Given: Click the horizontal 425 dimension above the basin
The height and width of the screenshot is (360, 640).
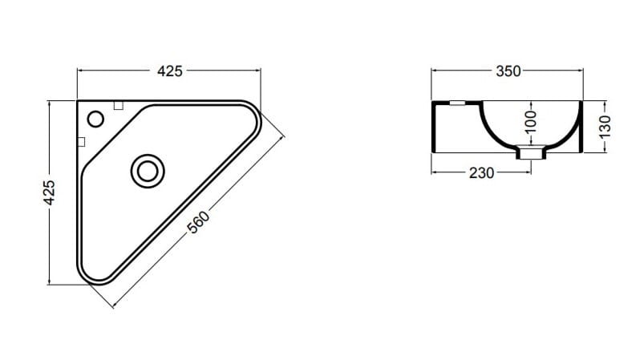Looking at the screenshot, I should coord(168,71).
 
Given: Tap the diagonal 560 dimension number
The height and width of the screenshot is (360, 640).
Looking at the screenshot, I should coord(198,222).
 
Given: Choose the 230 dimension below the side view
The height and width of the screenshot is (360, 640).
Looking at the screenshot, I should coord(482,172).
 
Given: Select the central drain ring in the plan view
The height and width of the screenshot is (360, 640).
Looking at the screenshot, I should coord(147,170).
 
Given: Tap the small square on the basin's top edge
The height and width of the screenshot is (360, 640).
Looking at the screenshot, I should coord(118,104).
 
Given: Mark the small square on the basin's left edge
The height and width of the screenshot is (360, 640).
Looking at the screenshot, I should coord(80,141).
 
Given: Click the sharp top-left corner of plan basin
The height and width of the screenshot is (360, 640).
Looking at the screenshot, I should coord(78,101).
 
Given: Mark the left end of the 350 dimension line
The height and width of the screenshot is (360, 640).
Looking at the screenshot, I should coord(432,71).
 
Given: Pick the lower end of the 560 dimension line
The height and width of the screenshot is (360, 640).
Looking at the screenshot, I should coord(113,306).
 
